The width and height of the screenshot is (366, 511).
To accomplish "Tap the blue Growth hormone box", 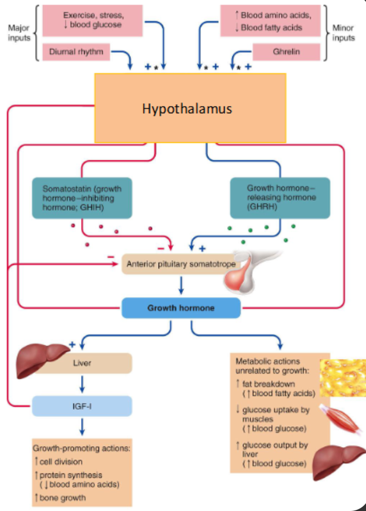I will click(x=181, y=309).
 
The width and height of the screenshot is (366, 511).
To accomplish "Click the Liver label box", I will click(x=82, y=362).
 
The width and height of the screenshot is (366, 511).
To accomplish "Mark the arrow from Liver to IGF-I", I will click(x=82, y=384).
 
